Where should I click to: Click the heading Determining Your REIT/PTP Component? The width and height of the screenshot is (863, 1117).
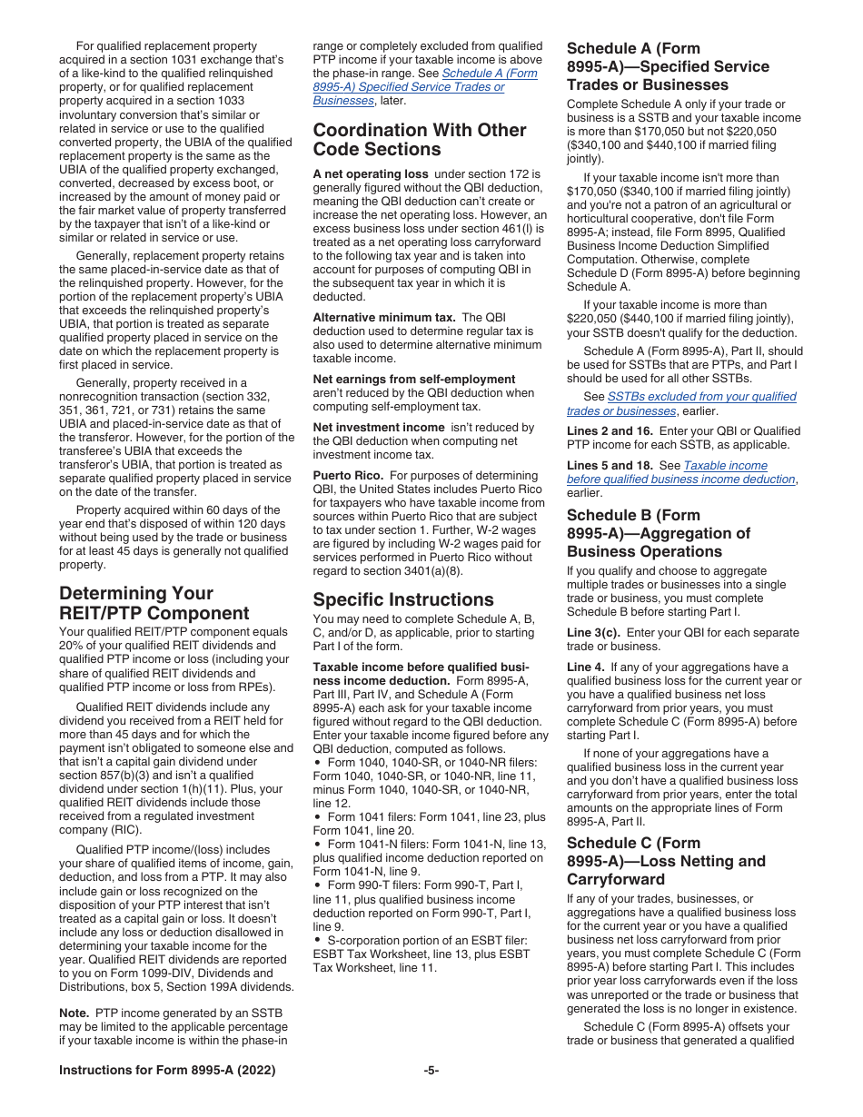(x=154, y=603)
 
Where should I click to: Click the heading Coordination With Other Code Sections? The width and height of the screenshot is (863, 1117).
(x=419, y=140)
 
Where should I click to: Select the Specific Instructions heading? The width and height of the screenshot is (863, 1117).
(x=403, y=599)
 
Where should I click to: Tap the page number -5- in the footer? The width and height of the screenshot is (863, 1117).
(x=431, y=1071)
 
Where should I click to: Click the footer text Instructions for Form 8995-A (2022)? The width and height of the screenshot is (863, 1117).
(x=167, y=1071)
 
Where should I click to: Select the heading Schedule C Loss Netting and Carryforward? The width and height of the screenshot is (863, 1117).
(x=665, y=862)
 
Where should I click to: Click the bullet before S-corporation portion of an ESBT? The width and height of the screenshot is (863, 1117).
(x=316, y=941)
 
